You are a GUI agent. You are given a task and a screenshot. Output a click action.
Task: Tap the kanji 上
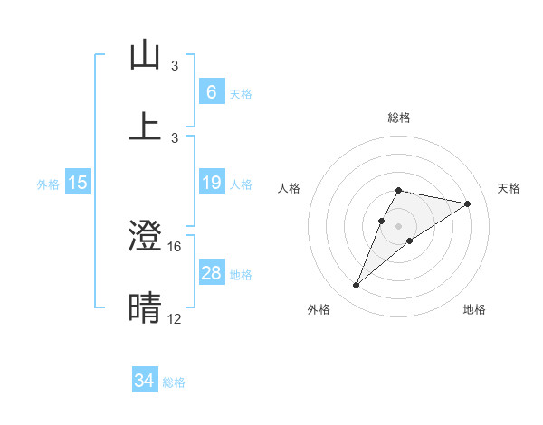click(x=145, y=126)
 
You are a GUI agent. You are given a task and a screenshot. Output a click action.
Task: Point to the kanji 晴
click(x=145, y=307)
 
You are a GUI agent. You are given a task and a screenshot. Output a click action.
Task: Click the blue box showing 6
click(x=211, y=92)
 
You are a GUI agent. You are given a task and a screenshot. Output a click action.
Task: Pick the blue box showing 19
click(x=211, y=184)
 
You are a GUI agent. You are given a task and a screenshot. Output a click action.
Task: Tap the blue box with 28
click(x=211, y=273)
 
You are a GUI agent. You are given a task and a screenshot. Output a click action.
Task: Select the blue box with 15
click(x=78, y=184)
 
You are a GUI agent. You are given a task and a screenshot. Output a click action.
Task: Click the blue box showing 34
click(x=145, y=381)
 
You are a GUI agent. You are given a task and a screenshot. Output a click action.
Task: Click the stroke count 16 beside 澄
click(x=175, y=246)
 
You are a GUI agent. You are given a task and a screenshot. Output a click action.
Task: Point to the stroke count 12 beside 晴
click(x=175, y=318)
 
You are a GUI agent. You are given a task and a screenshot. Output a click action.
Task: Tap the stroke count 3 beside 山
click(x=175, y=66)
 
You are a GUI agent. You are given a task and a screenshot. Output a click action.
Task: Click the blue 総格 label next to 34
click(x=174, y=382)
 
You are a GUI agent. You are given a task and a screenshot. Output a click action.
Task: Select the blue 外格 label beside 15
click(x=48, y=184)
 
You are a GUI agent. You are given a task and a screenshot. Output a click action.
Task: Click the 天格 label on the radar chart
click(x=509, y=188)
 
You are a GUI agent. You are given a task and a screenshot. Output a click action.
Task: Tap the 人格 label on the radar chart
click(x=289, y=188)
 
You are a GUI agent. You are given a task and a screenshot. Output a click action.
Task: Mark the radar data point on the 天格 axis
click(x=468, y=203)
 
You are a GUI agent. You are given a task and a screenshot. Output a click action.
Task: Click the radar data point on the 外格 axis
click(x=357, y=286)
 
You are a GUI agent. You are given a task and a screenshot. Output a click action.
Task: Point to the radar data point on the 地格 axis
click(x=410, y=241)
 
